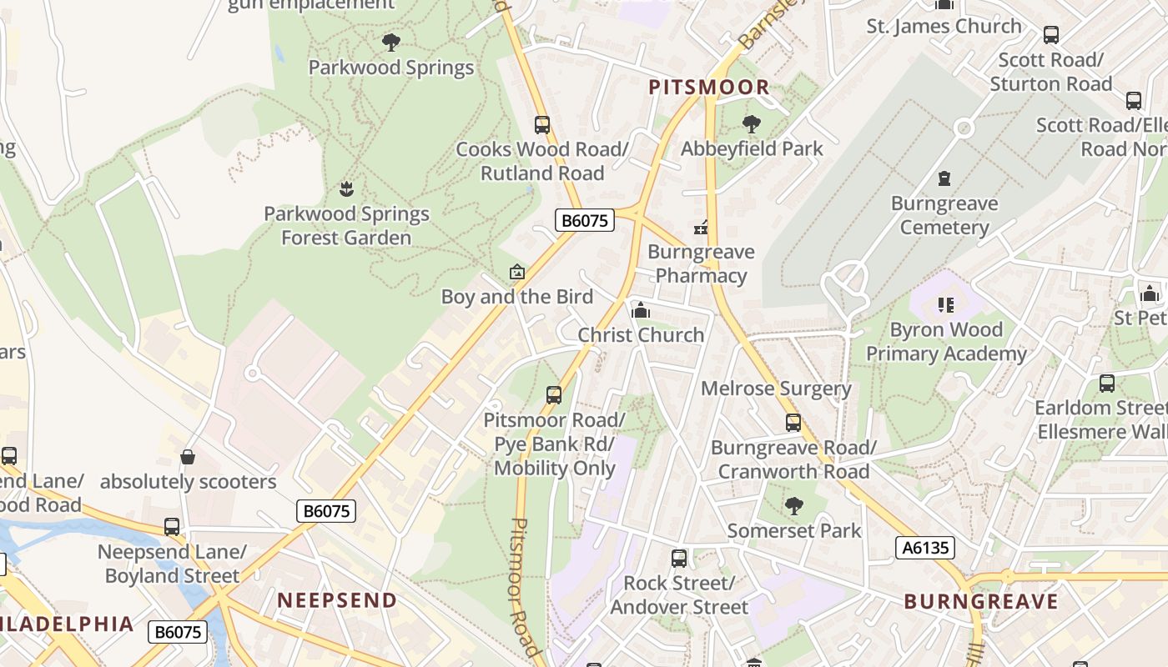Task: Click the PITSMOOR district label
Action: tap(709, 87)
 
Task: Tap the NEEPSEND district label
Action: tap(337, 600)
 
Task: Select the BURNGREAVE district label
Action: tap(980, 601)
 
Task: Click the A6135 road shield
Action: tap(924, 548)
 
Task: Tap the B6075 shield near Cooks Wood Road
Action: tap(584, 220)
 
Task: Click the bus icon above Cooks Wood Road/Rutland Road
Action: tap(542, 125)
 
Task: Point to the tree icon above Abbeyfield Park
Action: tap(751, 124)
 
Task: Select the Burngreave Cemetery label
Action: tap(944, 215)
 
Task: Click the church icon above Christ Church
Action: tap(641, 311)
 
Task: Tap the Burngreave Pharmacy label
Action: tap(701, 263)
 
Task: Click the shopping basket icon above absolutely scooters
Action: tap(188, 457)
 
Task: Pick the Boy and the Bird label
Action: tap(516, 297)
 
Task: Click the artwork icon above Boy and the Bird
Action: tap(517, 272)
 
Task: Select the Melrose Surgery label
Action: tap(776, 389)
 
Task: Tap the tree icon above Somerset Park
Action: tap(793, 505)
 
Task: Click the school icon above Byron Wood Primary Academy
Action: tap(945, 305)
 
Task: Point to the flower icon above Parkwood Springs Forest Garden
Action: tap(346, 189)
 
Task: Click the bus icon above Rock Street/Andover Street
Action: tap(679, 558)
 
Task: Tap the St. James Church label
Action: tap(944, 26)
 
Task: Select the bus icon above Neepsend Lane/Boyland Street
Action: tap(172, 527)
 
